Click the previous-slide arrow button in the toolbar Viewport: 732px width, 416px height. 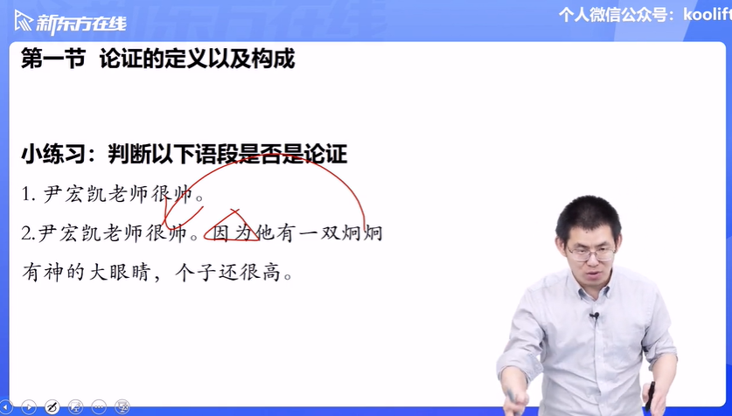click(x=6, y=406)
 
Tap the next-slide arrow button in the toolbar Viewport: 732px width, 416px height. click(x=29, y=406)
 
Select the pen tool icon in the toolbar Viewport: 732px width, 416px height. click(x=52, y=406)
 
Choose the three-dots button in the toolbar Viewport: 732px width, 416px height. click(x=99, y=406)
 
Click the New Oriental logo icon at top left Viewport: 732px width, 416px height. click(x=24, y=22)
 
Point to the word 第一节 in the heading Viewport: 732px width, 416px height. click(x=53, y=59)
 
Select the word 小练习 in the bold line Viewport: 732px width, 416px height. click(x=53, y=155)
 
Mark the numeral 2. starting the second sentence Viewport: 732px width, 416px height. click(x=28, y=233)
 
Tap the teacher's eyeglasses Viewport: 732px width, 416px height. click(x=591, y=253)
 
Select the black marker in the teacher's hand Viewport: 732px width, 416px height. click(x=650, y=397)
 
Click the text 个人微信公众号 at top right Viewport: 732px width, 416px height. click(x=616, y=14)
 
